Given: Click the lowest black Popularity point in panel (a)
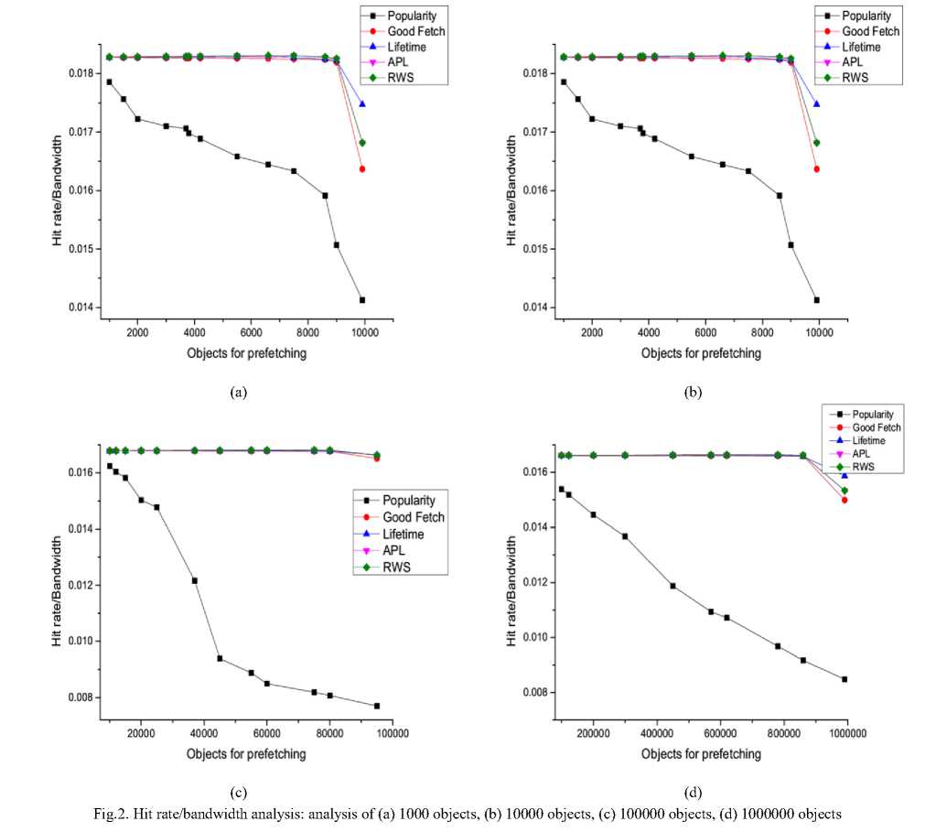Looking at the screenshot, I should point(362,300).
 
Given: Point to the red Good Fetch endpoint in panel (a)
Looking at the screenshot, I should point(362,169).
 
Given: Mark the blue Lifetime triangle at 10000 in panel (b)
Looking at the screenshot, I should point(816,104).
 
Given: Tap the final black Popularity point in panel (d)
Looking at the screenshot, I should point(845,679).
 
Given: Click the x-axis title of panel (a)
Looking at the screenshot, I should point(242,352).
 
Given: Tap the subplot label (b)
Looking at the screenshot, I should point(693,392).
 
